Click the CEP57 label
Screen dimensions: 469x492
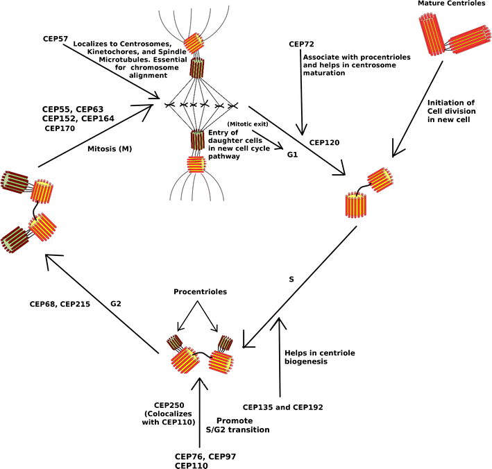tap(55, 37)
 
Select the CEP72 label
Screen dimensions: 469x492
tap(303, 44)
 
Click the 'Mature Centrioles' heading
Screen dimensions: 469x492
tap(450, 4)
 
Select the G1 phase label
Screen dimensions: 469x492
tap(292, 155)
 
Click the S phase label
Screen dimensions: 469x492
tap(292, 280)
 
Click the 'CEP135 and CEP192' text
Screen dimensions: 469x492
tap(282, 407)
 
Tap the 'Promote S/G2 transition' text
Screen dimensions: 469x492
tap(237, 425)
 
